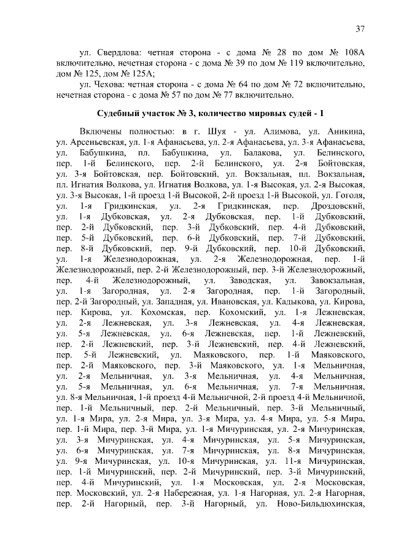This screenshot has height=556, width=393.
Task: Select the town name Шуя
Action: (219, 132)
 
